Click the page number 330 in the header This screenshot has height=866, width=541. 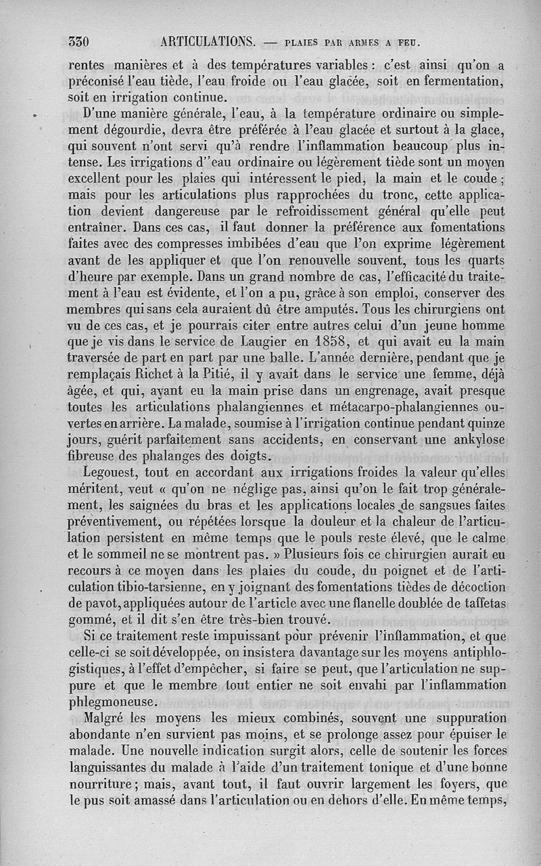81,42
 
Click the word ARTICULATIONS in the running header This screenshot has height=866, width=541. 208,42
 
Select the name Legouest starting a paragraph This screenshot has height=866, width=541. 110,472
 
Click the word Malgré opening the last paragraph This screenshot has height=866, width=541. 107,717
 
